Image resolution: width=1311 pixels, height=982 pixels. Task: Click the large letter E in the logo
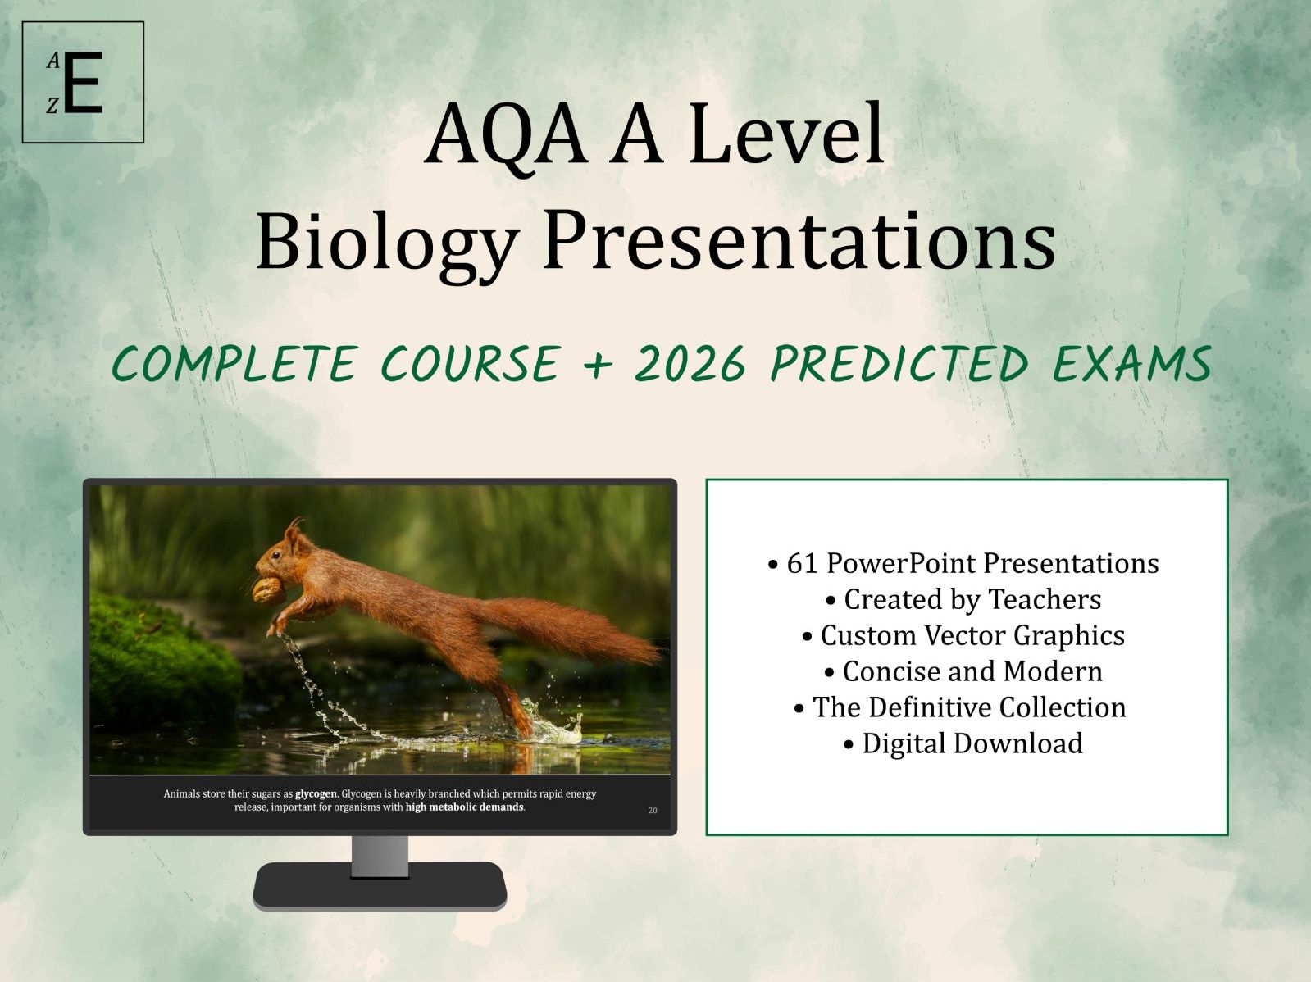[83, 83]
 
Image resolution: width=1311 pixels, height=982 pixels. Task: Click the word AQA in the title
[505, 134]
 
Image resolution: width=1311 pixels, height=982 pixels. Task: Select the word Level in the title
[786, 134]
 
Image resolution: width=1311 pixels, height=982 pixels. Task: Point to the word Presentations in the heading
[799, 239]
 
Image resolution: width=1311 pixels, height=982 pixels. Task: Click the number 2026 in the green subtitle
[690, 364]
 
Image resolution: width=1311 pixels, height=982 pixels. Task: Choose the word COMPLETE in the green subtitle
[234, 364]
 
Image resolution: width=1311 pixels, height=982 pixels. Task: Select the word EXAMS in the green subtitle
[1131, 364]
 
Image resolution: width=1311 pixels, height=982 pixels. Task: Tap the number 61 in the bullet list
[802, 563]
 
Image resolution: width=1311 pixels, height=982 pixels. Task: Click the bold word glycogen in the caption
[316, 793]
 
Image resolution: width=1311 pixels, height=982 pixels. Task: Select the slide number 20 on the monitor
[653, 811]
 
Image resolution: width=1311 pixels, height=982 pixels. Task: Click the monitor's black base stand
[380, 886]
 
